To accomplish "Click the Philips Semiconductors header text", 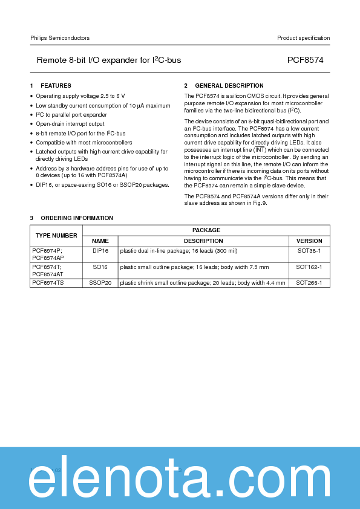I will click(60, 38).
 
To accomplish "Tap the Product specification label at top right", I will click(303, 38).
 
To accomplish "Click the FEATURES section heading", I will click(56, 86).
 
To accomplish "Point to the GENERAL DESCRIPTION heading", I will click(229, 86).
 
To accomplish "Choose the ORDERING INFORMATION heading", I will click(77, 218).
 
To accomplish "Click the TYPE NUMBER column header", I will click(56, 235).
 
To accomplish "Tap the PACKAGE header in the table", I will click(206, 230).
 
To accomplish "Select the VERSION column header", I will click(309, 241).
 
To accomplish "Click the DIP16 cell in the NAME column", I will click(100, 250).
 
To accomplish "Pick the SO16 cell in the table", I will click(100, 267).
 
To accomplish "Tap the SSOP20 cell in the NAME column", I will click(100, 282).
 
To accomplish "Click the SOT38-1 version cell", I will click(309, 250).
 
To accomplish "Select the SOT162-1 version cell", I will click(309, 267).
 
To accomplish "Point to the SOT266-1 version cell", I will click(309, 282).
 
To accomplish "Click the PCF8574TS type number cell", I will click(47, 282).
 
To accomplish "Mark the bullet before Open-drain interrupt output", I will click(31, 124).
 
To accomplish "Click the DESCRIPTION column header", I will click(203, 241).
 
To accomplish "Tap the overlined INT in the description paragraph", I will click(260, 149).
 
